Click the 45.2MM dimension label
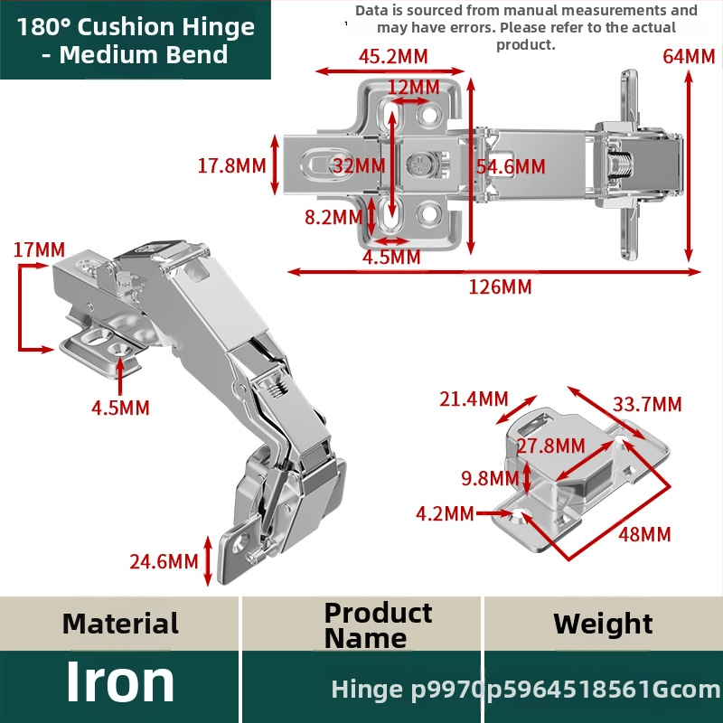click(393, 57)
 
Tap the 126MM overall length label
click(501, 286)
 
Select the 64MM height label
click(689, 56)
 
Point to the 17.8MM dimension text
click(232, 165)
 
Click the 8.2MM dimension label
click(333, 217)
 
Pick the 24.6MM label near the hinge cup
click(164, 561)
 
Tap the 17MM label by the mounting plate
click(39, 250)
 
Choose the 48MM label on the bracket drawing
click(644, 535)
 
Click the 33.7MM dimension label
click(647, 404)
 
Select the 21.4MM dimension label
click(474, 399)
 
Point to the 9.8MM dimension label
click(490, 478)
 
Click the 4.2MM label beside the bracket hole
click(445, 513)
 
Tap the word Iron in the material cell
click(120, 681)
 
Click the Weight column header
click(603, 624)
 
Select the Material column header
click(120, 624)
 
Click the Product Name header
click(378, 625)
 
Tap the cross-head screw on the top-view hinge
click(420, 164)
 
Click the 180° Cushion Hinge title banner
click(136, 40)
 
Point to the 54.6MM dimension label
click(511, 166)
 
